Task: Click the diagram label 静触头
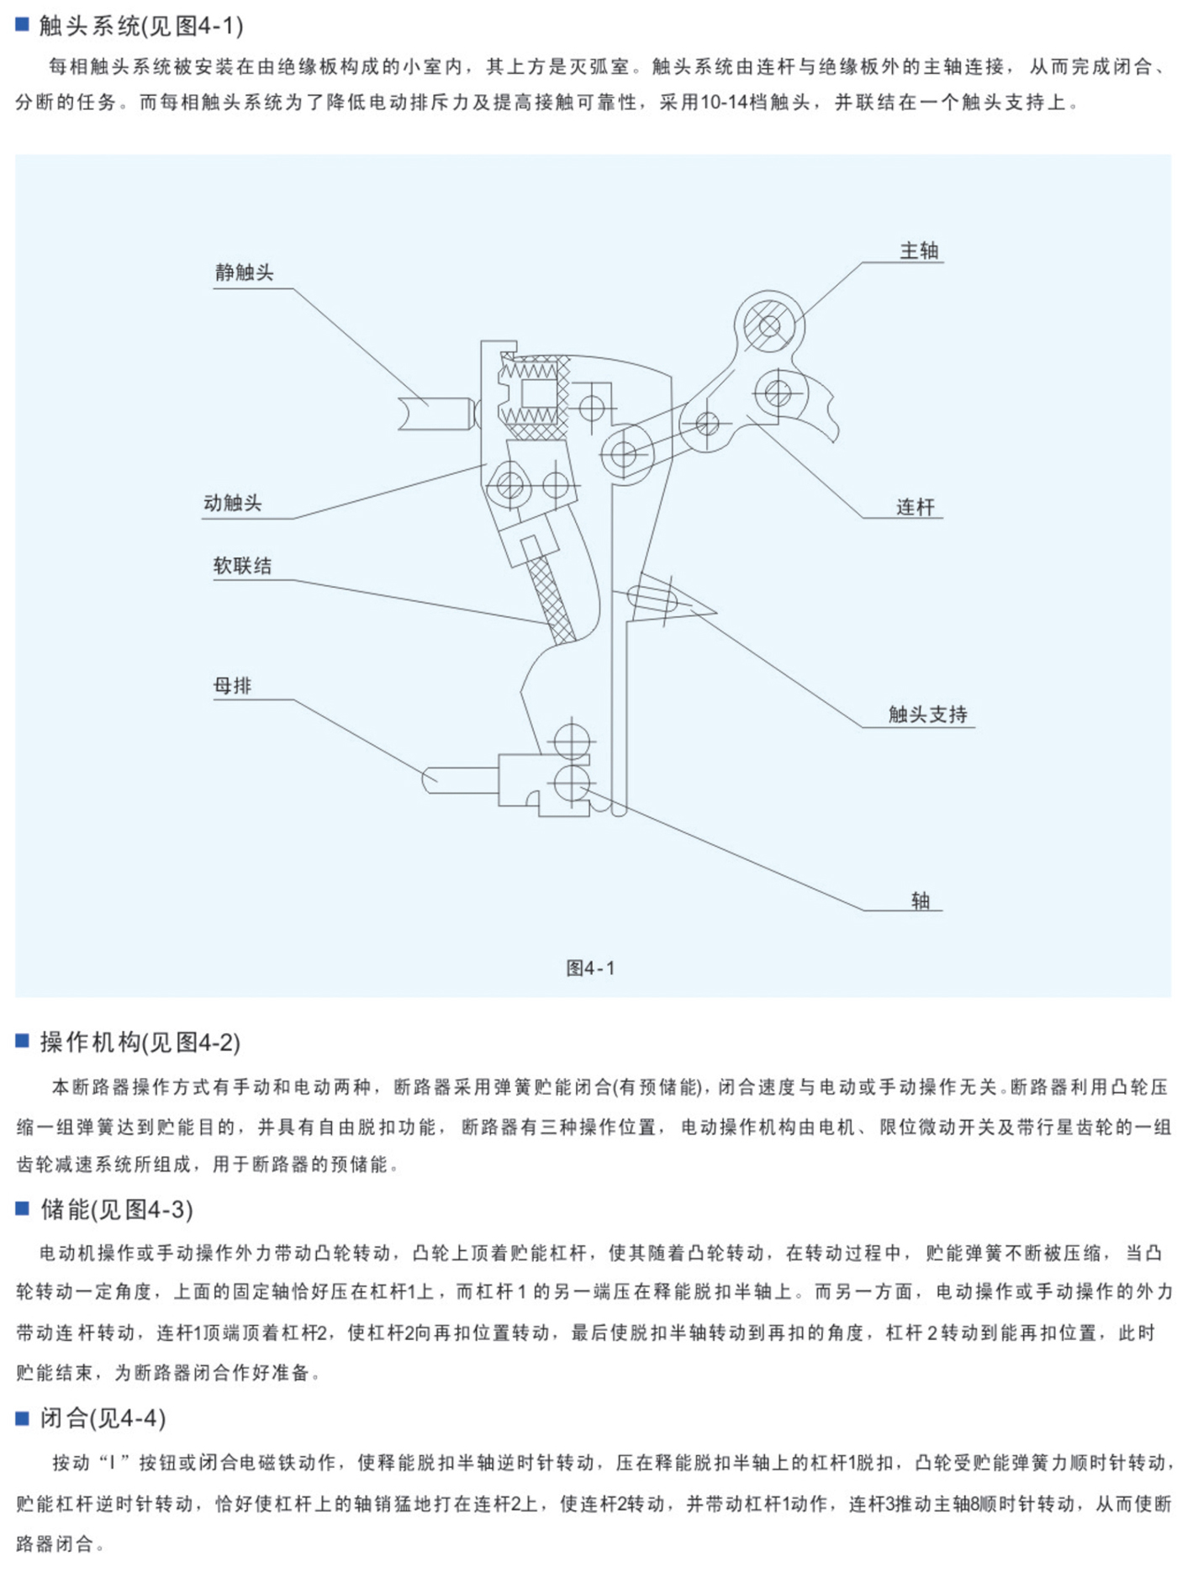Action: [244, 272]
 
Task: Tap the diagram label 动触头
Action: [233, 503]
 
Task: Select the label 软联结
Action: [242, 566]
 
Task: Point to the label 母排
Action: [233, 686]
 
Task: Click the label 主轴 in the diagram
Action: [919, 251]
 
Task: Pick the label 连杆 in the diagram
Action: [915, 507]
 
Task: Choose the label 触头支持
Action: [928, 715]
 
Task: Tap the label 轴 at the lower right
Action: [921, 901]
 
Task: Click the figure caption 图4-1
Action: [590, 969]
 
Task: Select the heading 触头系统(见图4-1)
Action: [141, 26]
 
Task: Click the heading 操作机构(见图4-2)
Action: [140, 1043]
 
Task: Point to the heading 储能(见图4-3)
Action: [117, 1210]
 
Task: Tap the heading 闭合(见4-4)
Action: [103, 1418]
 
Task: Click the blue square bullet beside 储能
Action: [23, 1209]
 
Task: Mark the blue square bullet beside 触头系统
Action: [23, 24]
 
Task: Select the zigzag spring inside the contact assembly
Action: [530, 369]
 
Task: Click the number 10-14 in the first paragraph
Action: [722, 103]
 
